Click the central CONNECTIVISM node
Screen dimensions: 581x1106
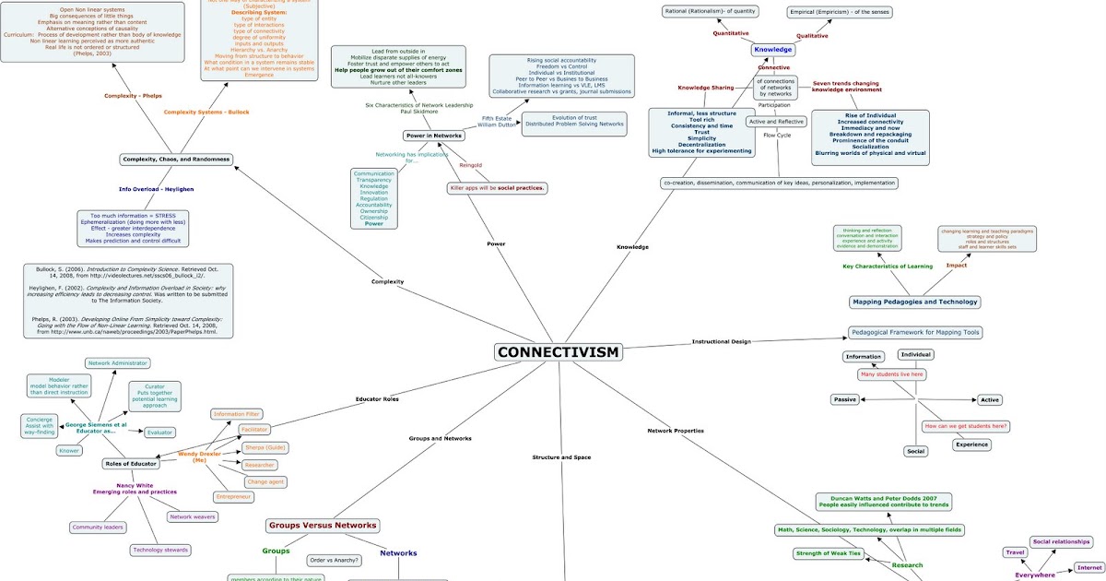pyautogui.click(x=559, y=352)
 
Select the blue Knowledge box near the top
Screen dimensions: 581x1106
pyautogui.click(x=772, y=50)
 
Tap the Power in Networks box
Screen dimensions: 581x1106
pyautogui.click(x=433, y=136)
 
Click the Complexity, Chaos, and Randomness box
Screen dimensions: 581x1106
pyautogui.click(x=175, y=160)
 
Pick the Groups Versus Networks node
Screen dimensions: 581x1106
pyautogui.click(x=323, y=526)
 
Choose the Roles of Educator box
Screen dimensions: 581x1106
pyautogui.click(x=125, y=464)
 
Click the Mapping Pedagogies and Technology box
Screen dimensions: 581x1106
pyautogui.click(x=914, y=302)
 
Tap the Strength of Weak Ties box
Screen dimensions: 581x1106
pyautogui.click(x=829, y=553)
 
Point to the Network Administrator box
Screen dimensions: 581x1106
pyautogui.click(x=117, y=363)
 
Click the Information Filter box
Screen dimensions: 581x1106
pyautogui.click(x=236, y=414)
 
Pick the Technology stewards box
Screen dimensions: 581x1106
pyautogui.click(x=161, y=550)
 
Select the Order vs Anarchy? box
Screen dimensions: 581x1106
pyautogui.click(x=335, y=560)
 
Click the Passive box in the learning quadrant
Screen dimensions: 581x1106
pyautogui.click(x=844, y=399)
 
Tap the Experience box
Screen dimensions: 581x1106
pyautogui.click(x=971, y=445)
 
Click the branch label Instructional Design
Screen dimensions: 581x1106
pyautogui.click(x=721, y=341)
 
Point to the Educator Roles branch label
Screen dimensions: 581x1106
pyautogui.click(x=377, y=398)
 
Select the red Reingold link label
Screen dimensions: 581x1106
pyautogui.click(x=471, y=165)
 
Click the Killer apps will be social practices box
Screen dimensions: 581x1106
pyautogui.click(x=498, y=188)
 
